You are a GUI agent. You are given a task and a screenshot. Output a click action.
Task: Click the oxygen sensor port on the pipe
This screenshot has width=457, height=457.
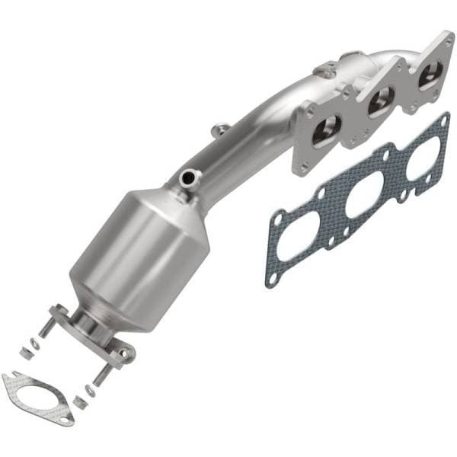187,179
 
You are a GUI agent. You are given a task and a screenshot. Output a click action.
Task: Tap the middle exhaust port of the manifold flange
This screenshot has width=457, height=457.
381,101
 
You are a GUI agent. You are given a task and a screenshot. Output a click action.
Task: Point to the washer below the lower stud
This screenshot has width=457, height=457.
90,390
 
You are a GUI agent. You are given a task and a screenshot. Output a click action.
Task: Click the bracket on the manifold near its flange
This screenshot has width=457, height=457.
328,70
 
